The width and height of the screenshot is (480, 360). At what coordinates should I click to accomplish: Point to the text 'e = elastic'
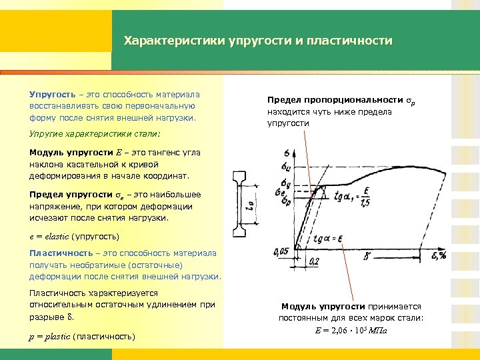click(x=49, y=237)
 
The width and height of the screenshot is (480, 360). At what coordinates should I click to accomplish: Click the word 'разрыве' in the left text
click(x=45, y=316)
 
